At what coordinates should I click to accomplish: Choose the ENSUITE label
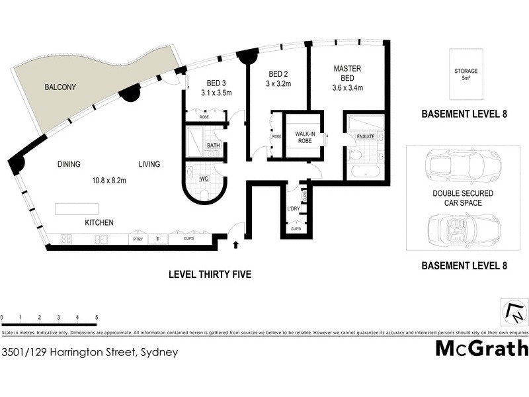[365, 136]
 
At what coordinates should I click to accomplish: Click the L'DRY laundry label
[294, 210]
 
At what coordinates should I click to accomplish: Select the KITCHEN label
[99, 223]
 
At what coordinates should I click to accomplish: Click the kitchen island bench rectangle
[77, 209]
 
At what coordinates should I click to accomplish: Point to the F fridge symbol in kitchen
[157, 239]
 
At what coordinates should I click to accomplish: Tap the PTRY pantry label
[138, 239]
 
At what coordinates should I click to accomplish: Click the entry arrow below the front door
[236, 245]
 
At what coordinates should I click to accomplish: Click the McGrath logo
[481, 347]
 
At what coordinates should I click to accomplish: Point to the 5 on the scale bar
[97, 317]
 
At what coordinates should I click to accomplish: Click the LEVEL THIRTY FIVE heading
[210, 274]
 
